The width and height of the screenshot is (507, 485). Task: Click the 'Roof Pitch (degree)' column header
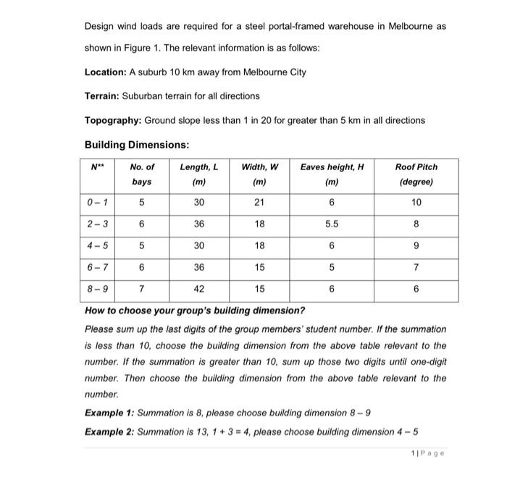(416, 174)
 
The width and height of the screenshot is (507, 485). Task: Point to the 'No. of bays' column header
(142, 174)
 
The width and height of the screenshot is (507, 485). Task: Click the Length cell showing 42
(198, 289)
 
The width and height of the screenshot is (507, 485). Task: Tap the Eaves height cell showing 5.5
(332, 224)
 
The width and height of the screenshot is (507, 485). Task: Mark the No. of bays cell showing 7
(142, 289)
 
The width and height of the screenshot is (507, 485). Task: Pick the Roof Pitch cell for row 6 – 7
(416, 267)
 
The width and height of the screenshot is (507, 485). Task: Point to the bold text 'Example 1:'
(109, 412)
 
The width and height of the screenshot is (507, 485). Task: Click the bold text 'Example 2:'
(109, 432)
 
